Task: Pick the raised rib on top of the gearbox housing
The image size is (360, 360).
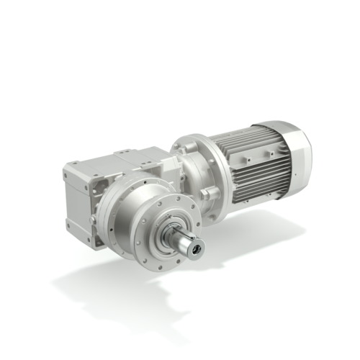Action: [137, 154]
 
